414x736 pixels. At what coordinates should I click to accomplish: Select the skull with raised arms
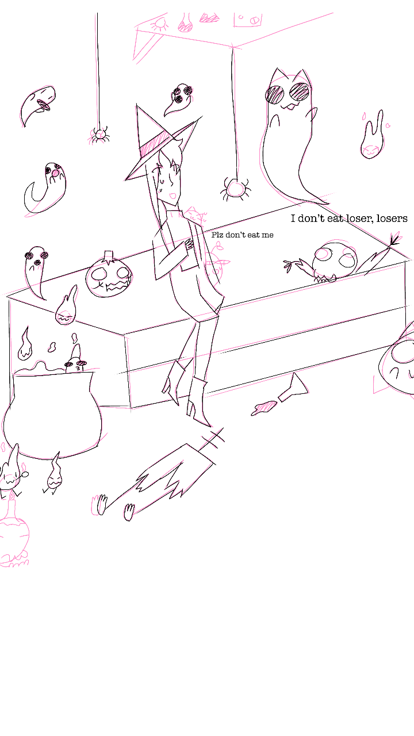[335, 263]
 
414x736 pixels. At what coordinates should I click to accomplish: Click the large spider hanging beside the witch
[236, 189]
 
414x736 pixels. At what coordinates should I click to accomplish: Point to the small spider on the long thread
[98, 135]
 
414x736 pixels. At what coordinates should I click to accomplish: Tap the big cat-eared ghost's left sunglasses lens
[275, 95]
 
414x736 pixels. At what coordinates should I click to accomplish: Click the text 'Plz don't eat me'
[243, 235]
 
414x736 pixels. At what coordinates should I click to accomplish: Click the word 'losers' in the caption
[392, 218]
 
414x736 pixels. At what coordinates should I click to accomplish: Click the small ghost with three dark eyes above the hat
[179, 98]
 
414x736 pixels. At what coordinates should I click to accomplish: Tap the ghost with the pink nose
[46, 187]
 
